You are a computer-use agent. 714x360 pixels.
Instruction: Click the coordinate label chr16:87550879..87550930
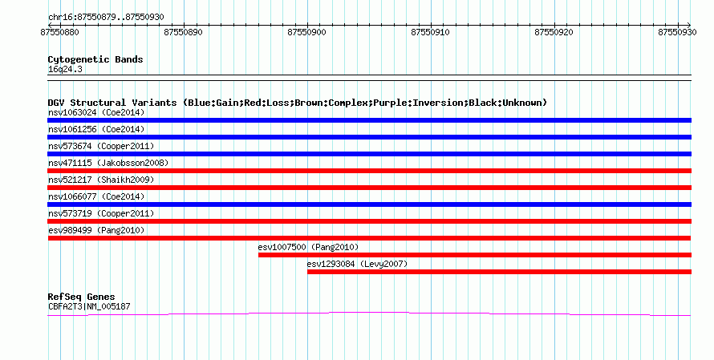pos(106,18)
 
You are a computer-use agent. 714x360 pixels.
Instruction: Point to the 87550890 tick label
pos(183,32)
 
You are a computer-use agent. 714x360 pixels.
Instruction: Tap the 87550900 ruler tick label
pos(307,32)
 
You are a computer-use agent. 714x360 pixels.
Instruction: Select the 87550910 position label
pos(430,32)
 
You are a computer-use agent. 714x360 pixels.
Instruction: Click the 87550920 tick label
pos(554,32)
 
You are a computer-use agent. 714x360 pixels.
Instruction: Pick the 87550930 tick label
pos(677,32)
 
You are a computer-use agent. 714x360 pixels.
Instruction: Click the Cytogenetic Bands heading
pos(95,59)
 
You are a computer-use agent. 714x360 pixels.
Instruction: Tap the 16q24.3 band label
pos(65,69)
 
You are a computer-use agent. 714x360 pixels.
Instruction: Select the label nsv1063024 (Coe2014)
pos(96,112)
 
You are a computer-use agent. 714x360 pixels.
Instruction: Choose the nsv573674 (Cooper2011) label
pos(101,146)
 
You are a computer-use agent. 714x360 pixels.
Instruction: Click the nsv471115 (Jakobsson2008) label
pos(108,163)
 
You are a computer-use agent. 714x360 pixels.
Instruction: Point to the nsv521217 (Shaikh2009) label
pos(101,180)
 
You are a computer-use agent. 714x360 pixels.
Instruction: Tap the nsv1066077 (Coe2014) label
pos(96,196)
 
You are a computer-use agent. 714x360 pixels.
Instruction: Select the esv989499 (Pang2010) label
pos(96,230)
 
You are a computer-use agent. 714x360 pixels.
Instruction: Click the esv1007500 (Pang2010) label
pos(308,247)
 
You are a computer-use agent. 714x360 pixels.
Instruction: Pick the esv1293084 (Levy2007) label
pos(357,264)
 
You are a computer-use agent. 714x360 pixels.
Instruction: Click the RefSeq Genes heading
pos(81,297)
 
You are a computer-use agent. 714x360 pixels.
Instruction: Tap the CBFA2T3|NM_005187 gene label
pos(89,307)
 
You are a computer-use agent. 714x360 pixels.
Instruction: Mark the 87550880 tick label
pos(59,32)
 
